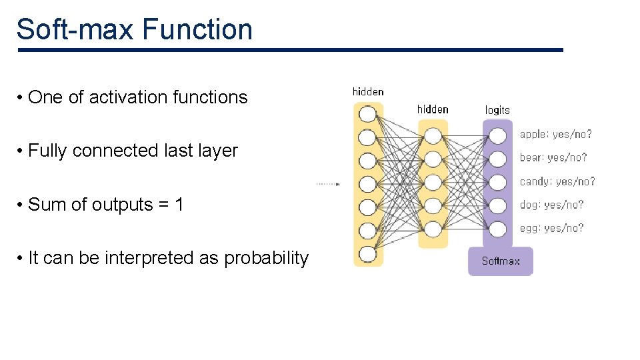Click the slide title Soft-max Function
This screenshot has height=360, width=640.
point(134,30)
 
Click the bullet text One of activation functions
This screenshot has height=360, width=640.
point(137,97)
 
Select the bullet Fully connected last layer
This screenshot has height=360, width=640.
point(133,151)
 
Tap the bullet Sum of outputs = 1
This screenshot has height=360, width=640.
point(105,205)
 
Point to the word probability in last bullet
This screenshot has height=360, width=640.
point(267,259)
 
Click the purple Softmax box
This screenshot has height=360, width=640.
point(500,261)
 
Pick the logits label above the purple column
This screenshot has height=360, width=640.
point(497,110)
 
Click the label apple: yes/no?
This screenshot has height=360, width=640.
point(555,135)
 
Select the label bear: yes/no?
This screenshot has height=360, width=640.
point(553,158)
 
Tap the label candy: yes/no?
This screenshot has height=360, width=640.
point(557,181)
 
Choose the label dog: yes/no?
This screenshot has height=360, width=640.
point(551,205)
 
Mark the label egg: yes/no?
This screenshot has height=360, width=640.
point(551,228)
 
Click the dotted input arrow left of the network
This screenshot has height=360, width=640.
point(327,183)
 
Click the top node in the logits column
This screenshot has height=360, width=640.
point(498,136)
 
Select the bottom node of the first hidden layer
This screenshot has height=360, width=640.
point(368,254)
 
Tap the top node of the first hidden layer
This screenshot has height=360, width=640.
point(368,114)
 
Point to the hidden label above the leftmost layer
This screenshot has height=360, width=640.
point(368,92)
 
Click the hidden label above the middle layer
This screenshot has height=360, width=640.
point(433,109)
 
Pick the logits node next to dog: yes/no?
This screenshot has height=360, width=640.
point(498,205)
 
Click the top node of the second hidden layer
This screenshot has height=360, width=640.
point(433,136)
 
